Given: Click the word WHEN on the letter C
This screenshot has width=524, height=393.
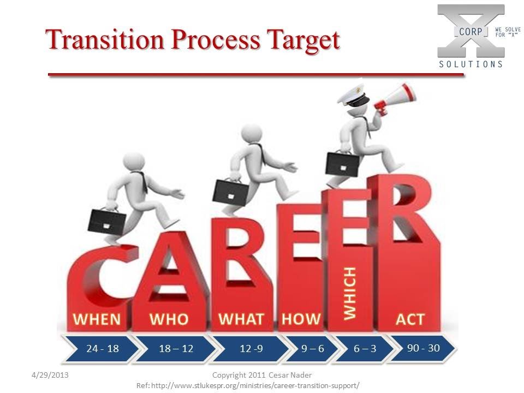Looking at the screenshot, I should coord(97,319).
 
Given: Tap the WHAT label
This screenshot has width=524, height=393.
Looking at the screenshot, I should coord(241,319).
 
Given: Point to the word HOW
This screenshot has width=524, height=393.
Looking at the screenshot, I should coord(301,319).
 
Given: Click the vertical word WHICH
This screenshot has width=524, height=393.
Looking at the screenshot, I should coord(349,293).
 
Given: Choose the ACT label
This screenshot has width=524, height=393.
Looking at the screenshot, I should coord(410,319).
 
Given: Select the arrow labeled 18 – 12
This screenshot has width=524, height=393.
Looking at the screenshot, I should coord(176,349).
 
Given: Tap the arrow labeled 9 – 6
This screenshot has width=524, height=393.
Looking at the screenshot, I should coord(312,349).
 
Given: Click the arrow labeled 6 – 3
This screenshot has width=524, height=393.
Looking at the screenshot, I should coord(365,349).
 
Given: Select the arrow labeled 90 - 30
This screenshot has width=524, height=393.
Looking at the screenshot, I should coord(423,348).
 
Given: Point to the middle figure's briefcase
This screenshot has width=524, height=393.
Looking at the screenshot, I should coord(230,190).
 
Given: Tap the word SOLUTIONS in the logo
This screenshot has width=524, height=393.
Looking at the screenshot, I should coord(471,64).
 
